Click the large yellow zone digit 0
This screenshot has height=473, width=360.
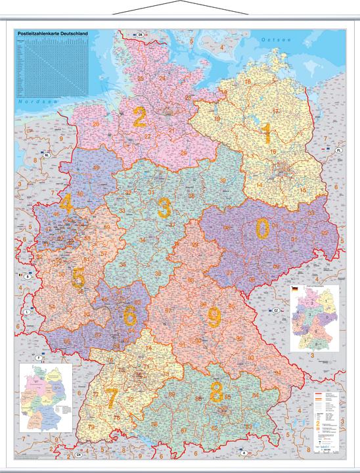point(262,229)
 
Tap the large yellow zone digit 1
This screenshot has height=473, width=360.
point(266,133)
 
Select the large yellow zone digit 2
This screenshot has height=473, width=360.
point(139,118)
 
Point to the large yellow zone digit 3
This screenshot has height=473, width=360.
point(164,209)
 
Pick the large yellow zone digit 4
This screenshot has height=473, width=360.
point(66,204)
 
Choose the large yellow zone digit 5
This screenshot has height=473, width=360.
point(78,279)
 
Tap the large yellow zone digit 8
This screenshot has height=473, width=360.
point(216,392)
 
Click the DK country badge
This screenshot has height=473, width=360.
point(140,34)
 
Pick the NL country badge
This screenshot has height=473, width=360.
point(47,155)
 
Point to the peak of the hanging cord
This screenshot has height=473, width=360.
point(180,3)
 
